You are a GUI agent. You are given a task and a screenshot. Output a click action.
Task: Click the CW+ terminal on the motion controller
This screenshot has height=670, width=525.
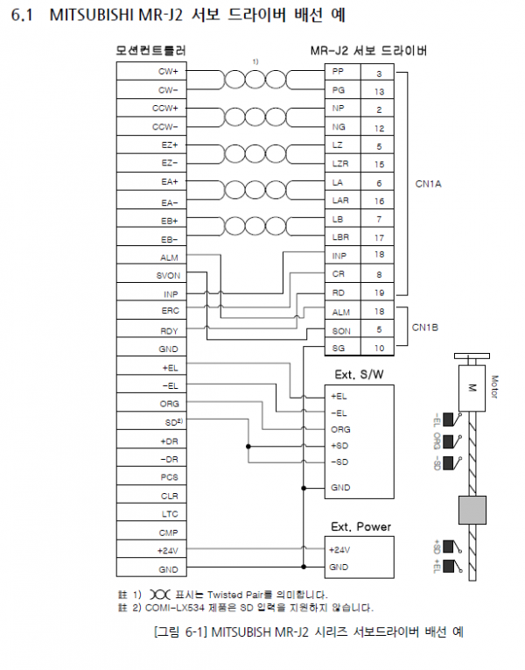168,71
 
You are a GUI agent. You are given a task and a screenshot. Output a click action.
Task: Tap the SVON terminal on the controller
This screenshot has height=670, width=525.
168,276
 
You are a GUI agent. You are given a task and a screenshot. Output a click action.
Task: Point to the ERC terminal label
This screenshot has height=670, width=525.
171,311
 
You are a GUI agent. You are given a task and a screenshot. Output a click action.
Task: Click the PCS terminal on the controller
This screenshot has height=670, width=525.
170,477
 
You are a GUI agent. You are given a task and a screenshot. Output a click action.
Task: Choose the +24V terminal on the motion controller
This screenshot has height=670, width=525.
168,551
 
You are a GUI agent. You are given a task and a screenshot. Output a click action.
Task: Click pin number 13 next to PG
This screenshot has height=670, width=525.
379,91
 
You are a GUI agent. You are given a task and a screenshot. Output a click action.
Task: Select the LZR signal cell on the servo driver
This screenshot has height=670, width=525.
340,164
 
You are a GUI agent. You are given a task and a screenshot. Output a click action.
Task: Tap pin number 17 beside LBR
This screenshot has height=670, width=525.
379,237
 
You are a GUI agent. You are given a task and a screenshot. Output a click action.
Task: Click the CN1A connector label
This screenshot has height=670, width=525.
428,184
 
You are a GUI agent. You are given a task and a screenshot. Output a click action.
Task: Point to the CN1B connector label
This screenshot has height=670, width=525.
425,328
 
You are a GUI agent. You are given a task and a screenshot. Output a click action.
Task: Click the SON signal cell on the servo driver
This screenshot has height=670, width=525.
341,331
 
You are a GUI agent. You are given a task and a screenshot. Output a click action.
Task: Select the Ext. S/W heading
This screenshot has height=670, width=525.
359,375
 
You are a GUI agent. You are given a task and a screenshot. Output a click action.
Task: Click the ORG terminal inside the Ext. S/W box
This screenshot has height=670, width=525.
340,429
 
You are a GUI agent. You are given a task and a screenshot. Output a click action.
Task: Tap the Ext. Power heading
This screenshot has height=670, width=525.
361,526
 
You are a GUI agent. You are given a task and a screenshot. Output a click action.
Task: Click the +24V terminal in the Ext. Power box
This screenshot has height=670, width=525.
339,550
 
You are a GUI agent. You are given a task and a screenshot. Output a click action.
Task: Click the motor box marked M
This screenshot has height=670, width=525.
472,388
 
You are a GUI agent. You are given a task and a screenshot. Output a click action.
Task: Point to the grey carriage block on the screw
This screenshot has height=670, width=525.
472,510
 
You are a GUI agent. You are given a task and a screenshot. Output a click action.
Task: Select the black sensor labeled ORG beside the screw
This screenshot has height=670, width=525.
448,441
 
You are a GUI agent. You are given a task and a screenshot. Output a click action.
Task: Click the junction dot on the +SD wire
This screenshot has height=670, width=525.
248,447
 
